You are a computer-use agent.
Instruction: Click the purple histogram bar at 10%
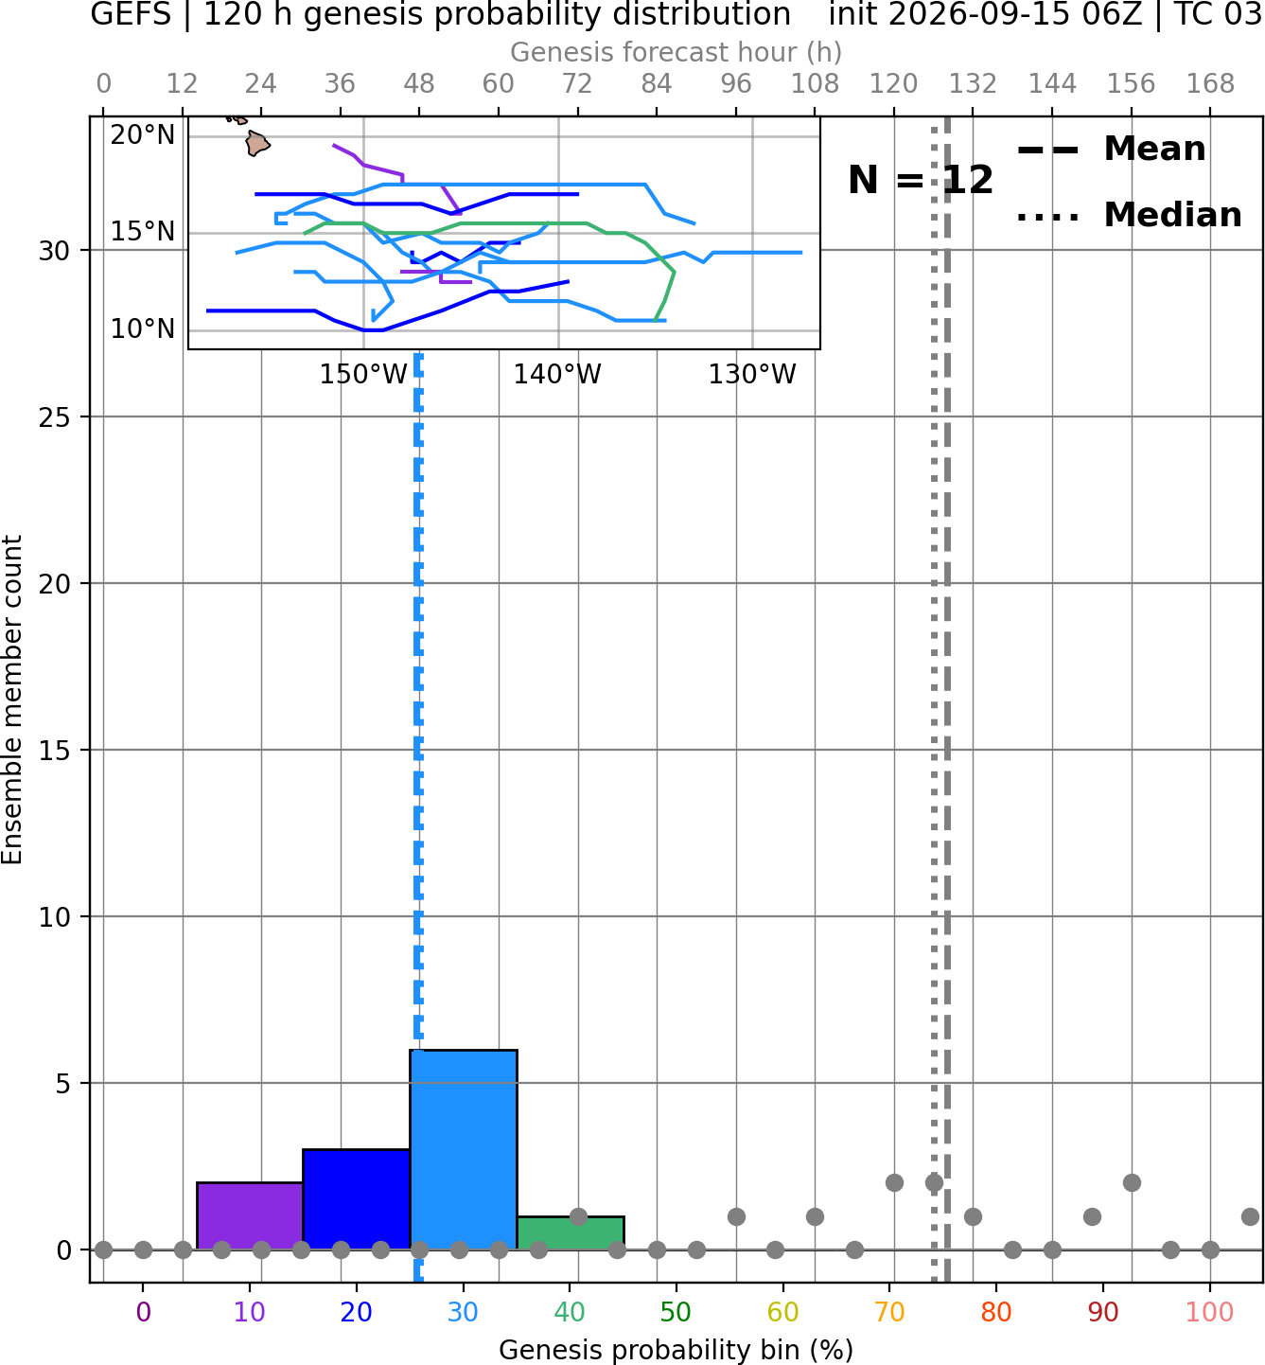click(250, 1215)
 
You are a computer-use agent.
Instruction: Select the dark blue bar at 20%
click(356, 1198)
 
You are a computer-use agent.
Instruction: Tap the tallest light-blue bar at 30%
click(463, 1149)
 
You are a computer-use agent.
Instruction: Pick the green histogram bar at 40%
click(570, 1232)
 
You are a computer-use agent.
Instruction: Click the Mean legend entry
click(1111, 149)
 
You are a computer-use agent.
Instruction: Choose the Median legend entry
click(1130, 215)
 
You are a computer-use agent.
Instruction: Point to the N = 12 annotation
click(921, 180)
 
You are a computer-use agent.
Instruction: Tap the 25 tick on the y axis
click(55, 417)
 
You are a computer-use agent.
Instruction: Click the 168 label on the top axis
click(1210, 84)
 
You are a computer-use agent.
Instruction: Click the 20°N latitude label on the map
click(143, 134)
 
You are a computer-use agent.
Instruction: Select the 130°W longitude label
click(752, 375)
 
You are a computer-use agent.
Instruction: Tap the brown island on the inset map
click(257, 144)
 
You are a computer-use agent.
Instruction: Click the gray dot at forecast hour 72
click(578, 1216)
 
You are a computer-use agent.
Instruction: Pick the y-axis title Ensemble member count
click(11, 700)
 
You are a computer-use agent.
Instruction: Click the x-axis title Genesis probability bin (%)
click(676, 1350)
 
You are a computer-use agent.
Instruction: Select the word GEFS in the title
click(131, 14)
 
